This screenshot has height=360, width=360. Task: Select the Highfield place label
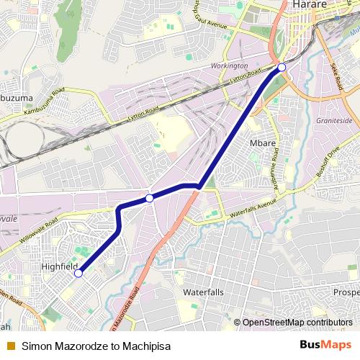pos(59,266)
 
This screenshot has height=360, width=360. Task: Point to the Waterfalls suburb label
pos(204,292)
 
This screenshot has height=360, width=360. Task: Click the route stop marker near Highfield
pos(78,273)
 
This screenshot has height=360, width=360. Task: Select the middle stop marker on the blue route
pos(149,197)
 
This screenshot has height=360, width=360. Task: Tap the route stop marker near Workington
pos(282,67)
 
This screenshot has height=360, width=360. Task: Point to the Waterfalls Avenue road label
pos(252,210)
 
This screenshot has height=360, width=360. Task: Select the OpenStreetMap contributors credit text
pos(297,323)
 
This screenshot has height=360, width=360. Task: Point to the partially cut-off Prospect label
pos(346,292)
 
